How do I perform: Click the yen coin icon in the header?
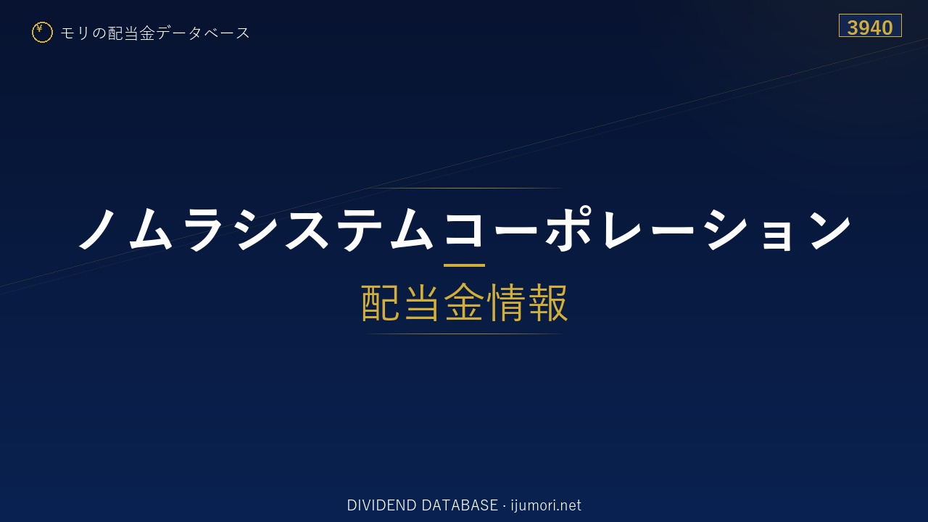42,33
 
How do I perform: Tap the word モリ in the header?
75,33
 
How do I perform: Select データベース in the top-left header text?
203,33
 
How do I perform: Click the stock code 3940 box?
870,25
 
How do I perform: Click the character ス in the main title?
307,229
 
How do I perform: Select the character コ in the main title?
464,229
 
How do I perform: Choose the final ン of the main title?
830,229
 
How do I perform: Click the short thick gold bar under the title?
464,265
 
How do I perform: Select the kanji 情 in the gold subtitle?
505,302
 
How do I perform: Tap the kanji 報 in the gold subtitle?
547,302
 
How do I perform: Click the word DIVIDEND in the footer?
381,505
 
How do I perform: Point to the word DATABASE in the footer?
460,505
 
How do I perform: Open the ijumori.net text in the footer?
546,505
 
